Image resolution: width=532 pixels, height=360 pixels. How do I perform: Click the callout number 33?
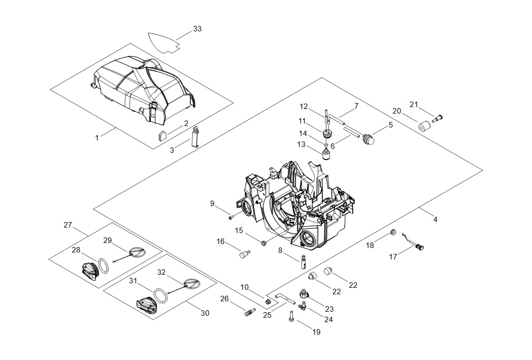click(197, 29)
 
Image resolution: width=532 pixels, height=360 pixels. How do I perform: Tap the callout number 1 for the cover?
click(97, 138)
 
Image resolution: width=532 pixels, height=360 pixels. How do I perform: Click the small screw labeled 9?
click(231, 217)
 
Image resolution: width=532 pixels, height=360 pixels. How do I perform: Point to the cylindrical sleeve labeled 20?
click(424, 126)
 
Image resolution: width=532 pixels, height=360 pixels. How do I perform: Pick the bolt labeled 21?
click(437, 118)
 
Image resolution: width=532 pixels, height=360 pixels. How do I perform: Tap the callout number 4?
click(435, 220)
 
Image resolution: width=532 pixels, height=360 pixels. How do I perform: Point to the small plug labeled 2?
click(162, 135)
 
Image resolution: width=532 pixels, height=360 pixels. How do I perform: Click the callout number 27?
click(68, 225)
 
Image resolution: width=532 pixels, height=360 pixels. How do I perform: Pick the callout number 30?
click(205, 313)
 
